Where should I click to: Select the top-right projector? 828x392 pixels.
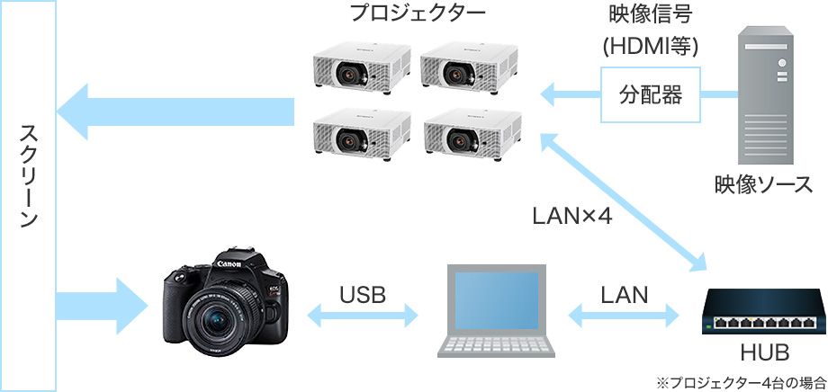(x=471, y=71)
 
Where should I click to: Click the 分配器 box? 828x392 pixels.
(x=651, y=94)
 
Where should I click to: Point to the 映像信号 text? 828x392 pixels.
(x=651, y=15)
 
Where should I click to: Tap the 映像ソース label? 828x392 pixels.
(x=764, y=184)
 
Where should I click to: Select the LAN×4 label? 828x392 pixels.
(x=571, y=217)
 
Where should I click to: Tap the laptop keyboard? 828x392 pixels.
(x=496, y=347)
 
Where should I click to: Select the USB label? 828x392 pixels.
(x=363, y=294)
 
